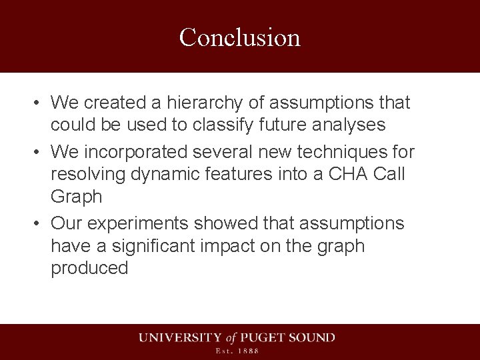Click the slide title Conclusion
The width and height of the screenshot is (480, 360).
tap(240, 37)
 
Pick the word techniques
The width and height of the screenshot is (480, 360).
tap(337, 153)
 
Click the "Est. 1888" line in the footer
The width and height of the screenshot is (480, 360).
tap(236, 351)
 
